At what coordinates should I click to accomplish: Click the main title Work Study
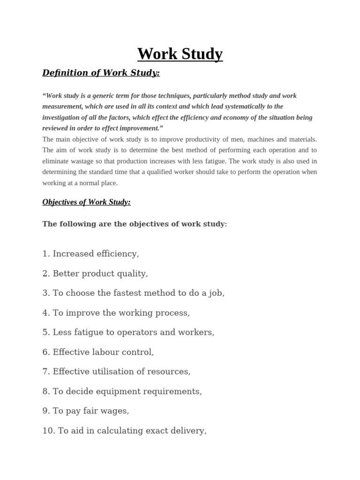[x=180, y=54]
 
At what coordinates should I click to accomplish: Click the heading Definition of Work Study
[x=101, y=73]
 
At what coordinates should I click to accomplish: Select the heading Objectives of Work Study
[x=86, y=202]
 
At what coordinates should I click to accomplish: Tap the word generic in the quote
[x=97, y=96]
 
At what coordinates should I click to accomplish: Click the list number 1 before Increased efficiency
[x=45, y=254]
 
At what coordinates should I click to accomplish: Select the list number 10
[x=48, y=431]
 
